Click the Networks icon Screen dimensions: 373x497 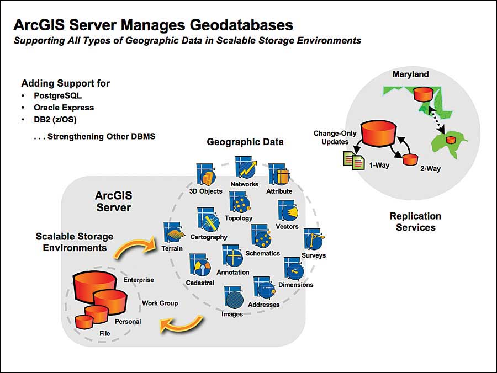click(x=244, y=168)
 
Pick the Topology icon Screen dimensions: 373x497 click(x=239, y=202)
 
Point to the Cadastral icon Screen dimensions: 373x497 click(x=199, y=267)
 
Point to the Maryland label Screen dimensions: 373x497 click(x=410, y=74)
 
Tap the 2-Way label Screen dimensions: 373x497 click(x=429, y=168)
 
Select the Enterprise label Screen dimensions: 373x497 click(x=138, y=280)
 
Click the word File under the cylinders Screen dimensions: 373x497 click(x=104, y=333)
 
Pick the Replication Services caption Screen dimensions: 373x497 click(x=415, y=221)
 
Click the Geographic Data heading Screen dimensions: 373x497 click(x=245, y=142)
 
